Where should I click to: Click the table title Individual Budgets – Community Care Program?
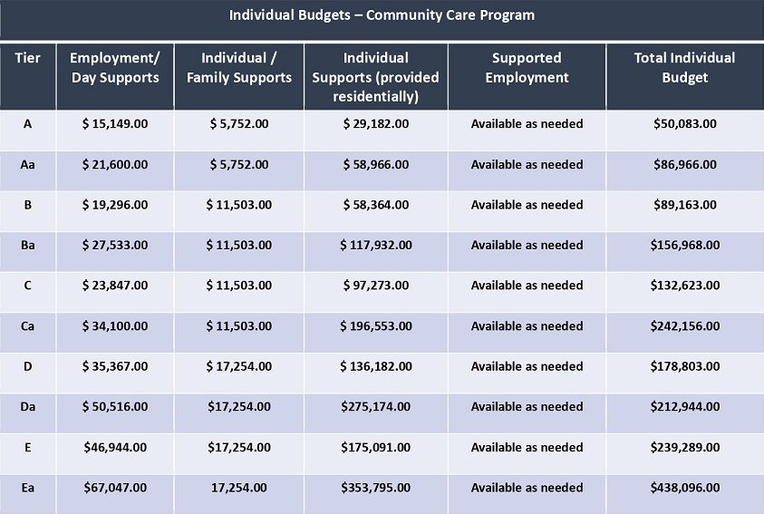(x=382, y=15)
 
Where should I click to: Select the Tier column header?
(x=28, y=58)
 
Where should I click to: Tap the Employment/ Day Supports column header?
(x=115, y=68)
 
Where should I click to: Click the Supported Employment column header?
(x=527, y=68)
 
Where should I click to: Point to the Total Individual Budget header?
(x=684, y=68)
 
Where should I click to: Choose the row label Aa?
(x=28, y=165)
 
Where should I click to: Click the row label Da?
(x=28, y=406)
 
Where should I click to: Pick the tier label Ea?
(x=28, y=488)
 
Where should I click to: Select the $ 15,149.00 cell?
(x=115, y=124)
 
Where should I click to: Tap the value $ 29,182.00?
(x=376, y=124)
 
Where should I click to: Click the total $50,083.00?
(x=685, y=124)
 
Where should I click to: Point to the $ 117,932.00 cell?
(x=376, y=245)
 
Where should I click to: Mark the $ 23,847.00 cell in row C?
(x=115, y=286)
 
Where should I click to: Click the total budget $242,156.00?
(x=685, y=326)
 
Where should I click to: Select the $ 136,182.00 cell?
(x=376, y=366)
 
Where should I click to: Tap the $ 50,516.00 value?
(x=115, y=407)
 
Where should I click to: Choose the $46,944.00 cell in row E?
(x=115, y=447)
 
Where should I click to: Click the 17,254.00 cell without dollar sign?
(x=238, y=488)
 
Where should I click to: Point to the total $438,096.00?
(x=685, y=488)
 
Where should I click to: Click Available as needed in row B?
(x=527, y=205)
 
